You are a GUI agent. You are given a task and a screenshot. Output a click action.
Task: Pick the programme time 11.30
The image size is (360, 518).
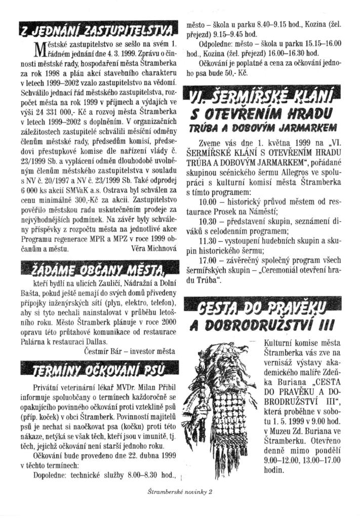pos(208,241)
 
